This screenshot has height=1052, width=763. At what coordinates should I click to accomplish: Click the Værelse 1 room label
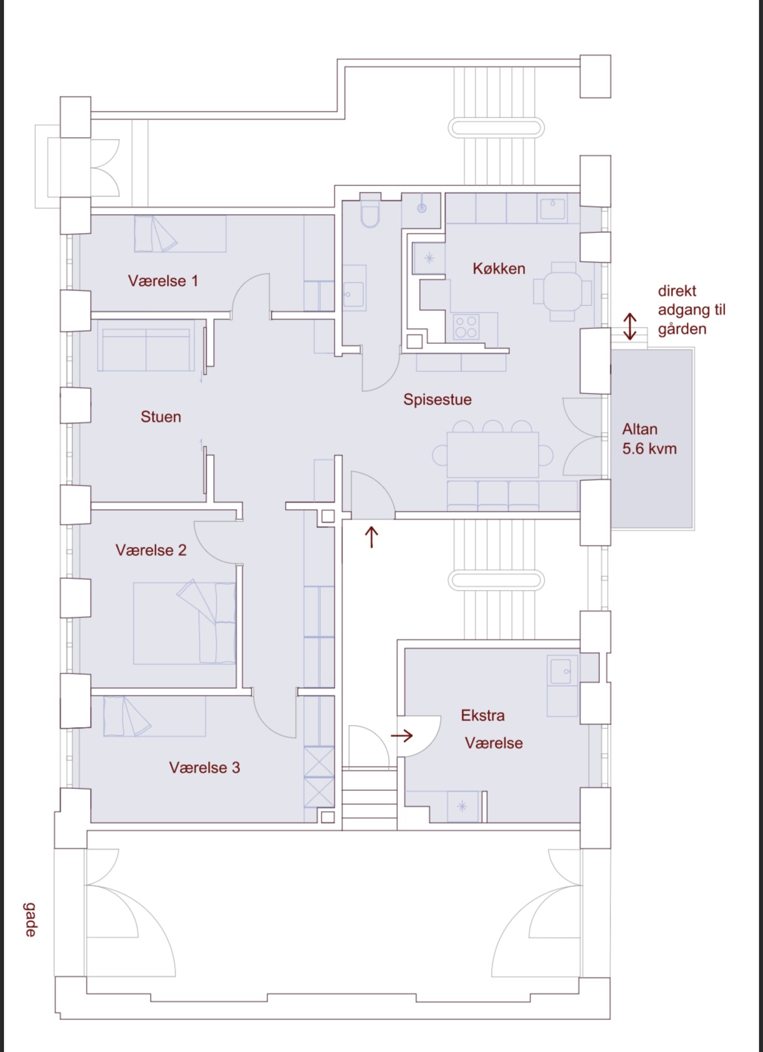[163, 281]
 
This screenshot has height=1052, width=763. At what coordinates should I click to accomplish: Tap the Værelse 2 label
[151, 550]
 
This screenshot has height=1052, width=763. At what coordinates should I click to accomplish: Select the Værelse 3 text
[205, 767]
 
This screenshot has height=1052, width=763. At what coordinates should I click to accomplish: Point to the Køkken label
[499, 268]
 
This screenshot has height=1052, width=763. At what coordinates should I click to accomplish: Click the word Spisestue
[438, 399]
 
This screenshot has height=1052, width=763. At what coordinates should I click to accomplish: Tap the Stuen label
[161, 416]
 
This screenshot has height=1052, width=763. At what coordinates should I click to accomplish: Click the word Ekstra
[483, 715]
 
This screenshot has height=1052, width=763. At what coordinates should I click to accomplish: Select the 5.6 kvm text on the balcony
[650, 448]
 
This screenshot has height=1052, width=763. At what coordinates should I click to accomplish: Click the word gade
[30, 920]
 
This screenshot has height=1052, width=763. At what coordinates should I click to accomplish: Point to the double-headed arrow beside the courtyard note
[630, 326]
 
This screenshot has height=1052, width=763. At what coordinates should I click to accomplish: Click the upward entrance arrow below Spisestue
[372, 537]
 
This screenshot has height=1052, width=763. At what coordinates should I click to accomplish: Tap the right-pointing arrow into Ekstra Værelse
[402, 735]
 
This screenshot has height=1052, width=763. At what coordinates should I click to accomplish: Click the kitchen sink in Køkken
[552, 208]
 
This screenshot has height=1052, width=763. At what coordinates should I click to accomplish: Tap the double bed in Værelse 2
[185, 623]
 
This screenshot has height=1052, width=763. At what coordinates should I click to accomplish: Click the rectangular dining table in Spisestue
[493, 455]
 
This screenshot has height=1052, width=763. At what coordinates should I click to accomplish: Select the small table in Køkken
[563, 292]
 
